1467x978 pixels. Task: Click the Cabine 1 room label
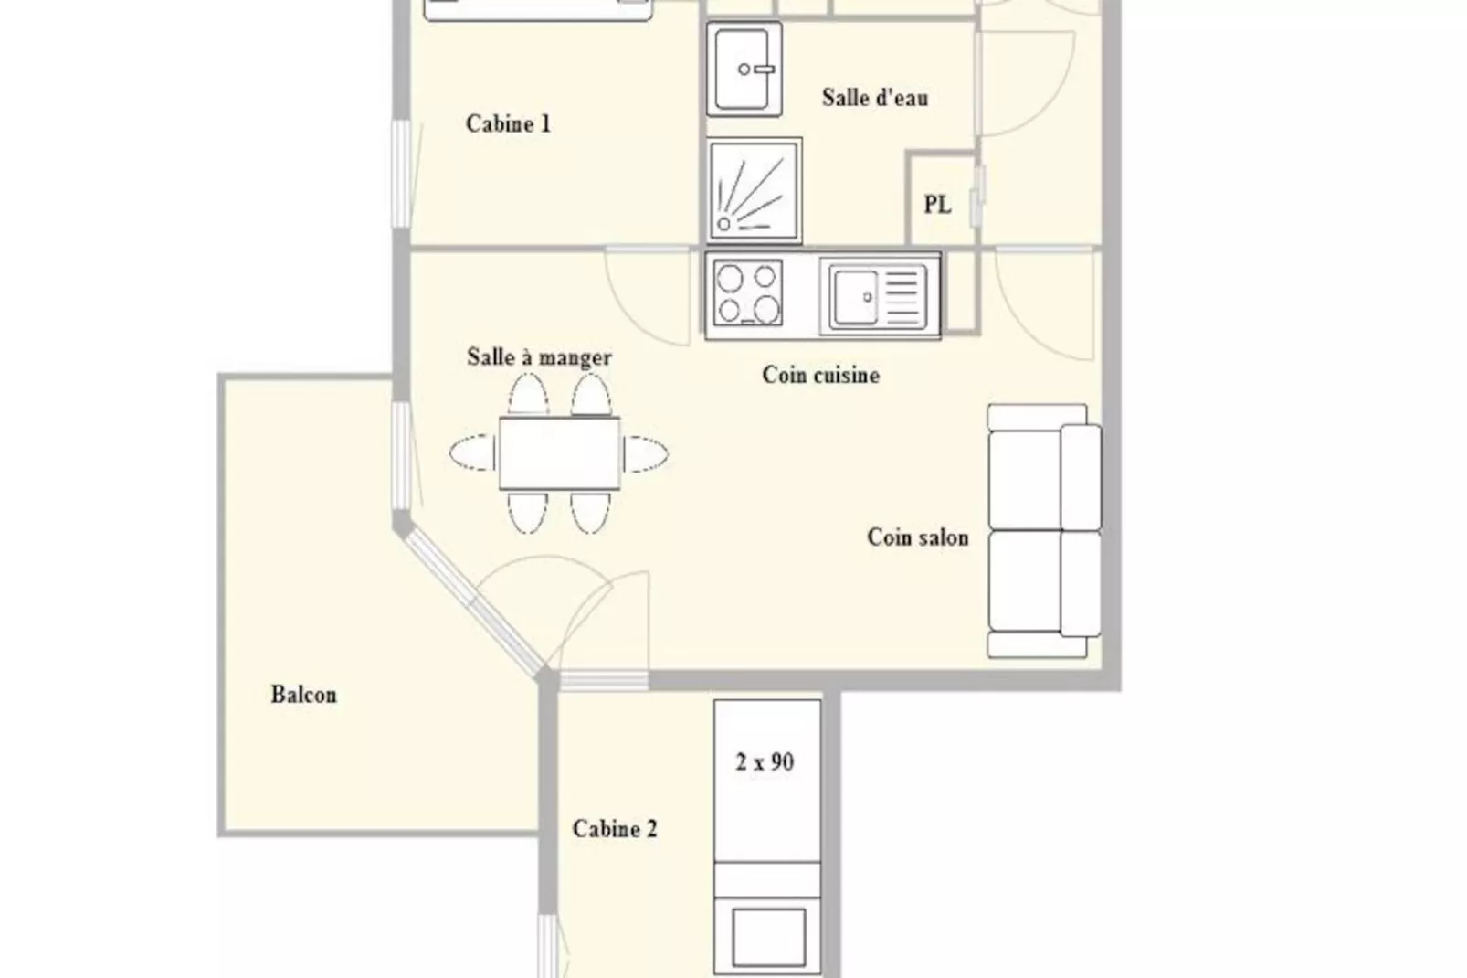[x=508, y=124]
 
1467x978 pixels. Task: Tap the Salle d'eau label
[x=875, y=98]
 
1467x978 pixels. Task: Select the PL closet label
[x=937, y=205]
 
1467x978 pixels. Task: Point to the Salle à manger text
[x=539, y=357]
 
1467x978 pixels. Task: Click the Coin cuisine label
[x=820, y=375]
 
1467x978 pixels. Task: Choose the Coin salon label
[x=917, y=537]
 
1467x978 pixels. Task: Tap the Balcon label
[x=304, y=694]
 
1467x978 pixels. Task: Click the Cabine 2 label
[x=615, y=828]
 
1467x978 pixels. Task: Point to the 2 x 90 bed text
[x=765, y=761]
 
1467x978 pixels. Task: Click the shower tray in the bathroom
[x=755, y=191]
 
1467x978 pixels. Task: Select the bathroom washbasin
[x=744, y=69]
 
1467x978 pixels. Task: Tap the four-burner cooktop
[x=748, y=293]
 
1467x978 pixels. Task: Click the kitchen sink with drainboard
[x=878, y=297]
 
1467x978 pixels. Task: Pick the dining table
[x=559, y=453]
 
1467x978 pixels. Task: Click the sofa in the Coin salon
[x=1044, y=531]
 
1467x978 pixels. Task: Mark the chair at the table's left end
[x=473, y=452]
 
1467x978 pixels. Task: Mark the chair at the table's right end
[x=646, y=453]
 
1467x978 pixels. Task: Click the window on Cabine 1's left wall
[x=401, y=174]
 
